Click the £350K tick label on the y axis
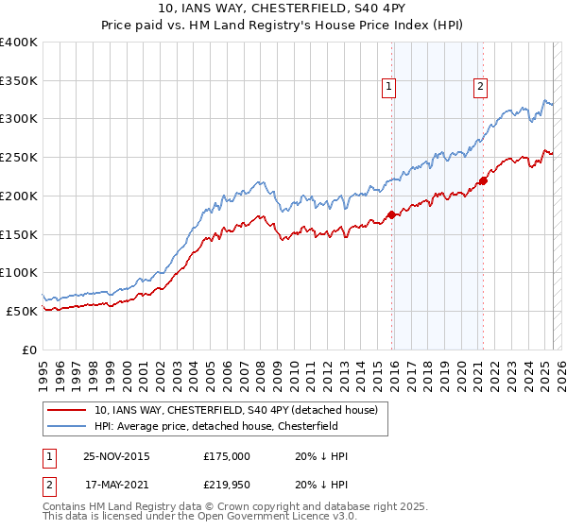click(19, 80)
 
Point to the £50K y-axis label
click(22, 310)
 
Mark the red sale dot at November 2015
click(391, 214)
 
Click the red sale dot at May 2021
click(483, 180)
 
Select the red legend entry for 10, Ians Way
click(235, 410)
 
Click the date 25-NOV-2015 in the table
click(116, 456)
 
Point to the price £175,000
click(227, 456)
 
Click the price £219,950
click(227, 485)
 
